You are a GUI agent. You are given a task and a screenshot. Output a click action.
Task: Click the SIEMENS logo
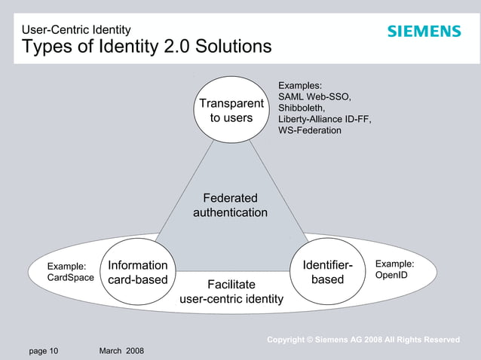click(424, 32)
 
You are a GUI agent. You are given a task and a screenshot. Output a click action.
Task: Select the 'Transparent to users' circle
click(231, 110)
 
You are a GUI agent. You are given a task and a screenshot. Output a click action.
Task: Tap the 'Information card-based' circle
click(137, 273)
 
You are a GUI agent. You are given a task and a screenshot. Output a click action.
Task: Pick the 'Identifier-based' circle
click(328, 273)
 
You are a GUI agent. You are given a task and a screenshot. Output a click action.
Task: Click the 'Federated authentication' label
click(230, 206)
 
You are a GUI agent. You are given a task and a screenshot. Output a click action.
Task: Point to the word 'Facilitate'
click(231, 285)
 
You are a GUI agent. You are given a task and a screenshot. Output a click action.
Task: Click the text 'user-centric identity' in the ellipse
click(231, 300)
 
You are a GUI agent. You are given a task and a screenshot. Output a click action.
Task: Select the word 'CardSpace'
click(71, 278)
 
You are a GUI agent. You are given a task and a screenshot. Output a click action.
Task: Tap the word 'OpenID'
click(391, 276)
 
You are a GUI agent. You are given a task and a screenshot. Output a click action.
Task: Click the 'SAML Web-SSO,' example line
click(315, 97)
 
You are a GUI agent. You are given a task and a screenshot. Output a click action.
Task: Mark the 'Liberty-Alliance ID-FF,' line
click(325, 120)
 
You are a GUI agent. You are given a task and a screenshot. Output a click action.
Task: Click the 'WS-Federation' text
click(310, 131)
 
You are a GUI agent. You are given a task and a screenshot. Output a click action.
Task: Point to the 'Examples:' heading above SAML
click(300, 86)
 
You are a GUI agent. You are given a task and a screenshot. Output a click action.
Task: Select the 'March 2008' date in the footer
click(121, 351)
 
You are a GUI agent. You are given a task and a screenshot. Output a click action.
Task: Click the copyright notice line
click(363, 340)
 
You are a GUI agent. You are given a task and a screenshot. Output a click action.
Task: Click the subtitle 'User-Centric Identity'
click(76, 30)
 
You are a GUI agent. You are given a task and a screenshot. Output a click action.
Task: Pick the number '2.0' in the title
click(179, 47)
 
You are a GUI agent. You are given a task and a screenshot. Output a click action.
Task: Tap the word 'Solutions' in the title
click(234, 47)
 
